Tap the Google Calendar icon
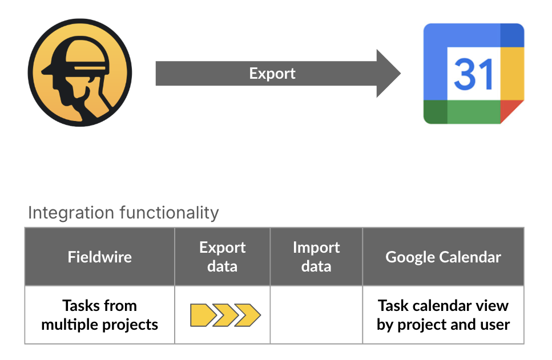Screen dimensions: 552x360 [x=474, y=74]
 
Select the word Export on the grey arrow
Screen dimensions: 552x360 [x=272, y=74]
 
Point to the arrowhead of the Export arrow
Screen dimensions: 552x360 [x=388, y=74]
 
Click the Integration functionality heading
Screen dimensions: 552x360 [x=123, y=213]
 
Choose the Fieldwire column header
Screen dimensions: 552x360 [x=100, y=257]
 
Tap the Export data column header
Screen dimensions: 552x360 [x=222, y=257]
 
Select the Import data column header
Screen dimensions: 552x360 [x=316, y=257]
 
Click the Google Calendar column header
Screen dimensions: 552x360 [x=443, y=257]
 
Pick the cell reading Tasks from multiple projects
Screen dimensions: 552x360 [x=100, y=315]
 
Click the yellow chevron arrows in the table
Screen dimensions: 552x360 [x=225, y=315]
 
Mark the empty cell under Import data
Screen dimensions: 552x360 [x=316, y=315]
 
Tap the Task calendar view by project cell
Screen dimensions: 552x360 [x=443, y=315]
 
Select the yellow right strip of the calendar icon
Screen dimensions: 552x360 [x=512, y=74]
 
